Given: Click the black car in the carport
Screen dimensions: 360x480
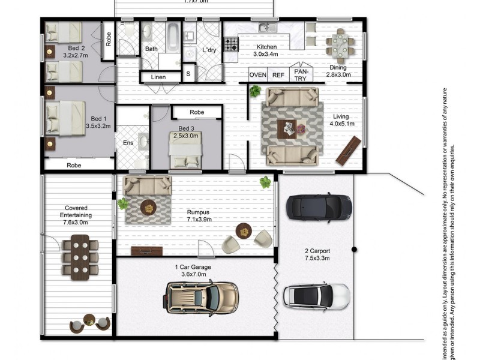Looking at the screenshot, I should pyautogui.click(x=318, y=207).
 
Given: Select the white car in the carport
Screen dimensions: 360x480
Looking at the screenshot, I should pyautogui.click(x=316, y=296).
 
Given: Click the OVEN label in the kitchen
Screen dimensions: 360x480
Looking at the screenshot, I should pyautogui.click(x=258, y=75).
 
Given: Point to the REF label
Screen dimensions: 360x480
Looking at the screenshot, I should pyautogui.click(x=278, y=75).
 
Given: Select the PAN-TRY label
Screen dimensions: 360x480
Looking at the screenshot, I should pyautogui.click(x=299, y=74).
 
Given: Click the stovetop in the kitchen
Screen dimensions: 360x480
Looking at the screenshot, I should pyautogui.click(x=231, y=44).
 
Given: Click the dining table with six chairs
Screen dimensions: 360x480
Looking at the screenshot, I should pyautogui.click(x=340, y=45).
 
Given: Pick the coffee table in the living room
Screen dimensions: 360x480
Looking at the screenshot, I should pyautogui.click(x=292, y=127).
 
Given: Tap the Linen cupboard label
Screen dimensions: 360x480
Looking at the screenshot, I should pyautogui.click(x=158, y=77).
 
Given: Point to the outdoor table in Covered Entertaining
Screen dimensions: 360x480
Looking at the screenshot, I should pyautogui.click(x=79, y=256).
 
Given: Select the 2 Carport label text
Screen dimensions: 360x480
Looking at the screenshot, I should pyautogui.click(x=316, y=251).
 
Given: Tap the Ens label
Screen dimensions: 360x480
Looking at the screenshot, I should pyautogui.click(x=128, y=143).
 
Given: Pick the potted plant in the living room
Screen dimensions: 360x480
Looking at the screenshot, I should pyautogui.click(x=256, y=91).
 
